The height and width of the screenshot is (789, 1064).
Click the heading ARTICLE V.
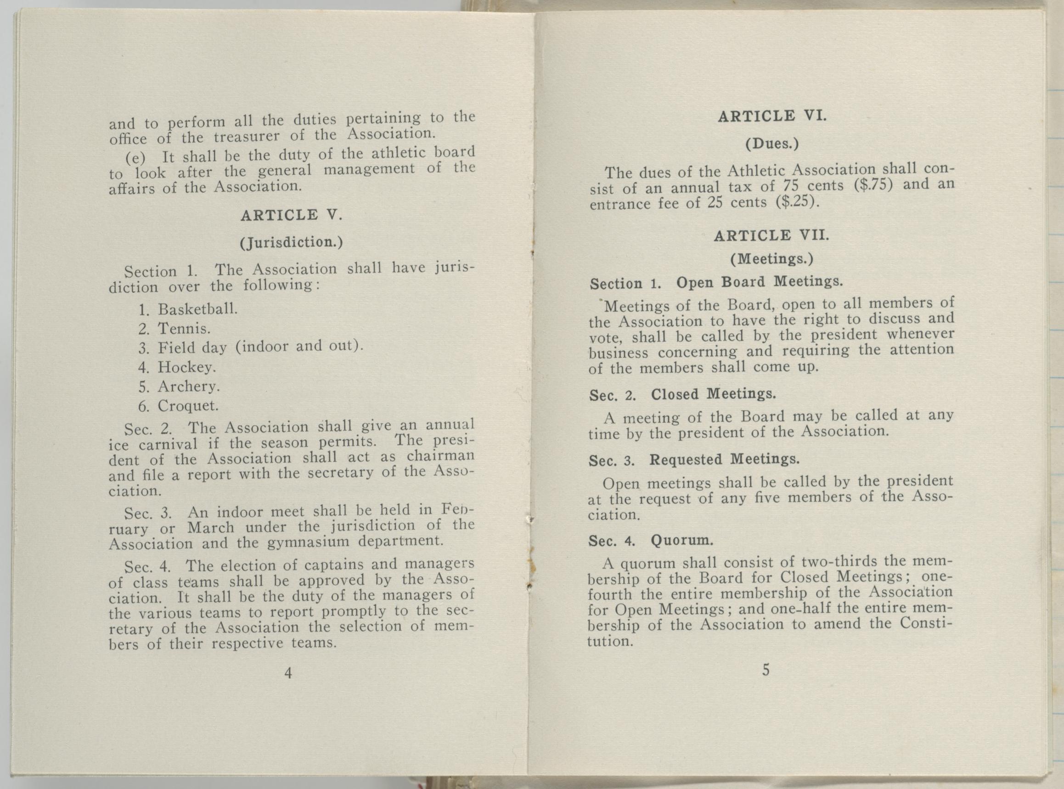point(291,215)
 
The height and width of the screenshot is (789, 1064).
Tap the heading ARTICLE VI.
point(771,116)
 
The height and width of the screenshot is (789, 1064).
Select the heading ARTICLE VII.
point(771,235)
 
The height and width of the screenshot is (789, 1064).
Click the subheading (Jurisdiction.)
point(291,242)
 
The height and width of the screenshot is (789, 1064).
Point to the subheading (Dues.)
point(772,144)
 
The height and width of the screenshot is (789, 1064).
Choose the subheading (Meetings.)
point(771,259)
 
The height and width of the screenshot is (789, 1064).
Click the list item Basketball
point(197,309)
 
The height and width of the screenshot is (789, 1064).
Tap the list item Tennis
point(185,329)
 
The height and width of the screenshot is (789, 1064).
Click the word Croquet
point(188,405)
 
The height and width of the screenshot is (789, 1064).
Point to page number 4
point(288,673)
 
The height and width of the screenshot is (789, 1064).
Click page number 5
point(766,670)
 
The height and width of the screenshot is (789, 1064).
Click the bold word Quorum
point(682,540)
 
